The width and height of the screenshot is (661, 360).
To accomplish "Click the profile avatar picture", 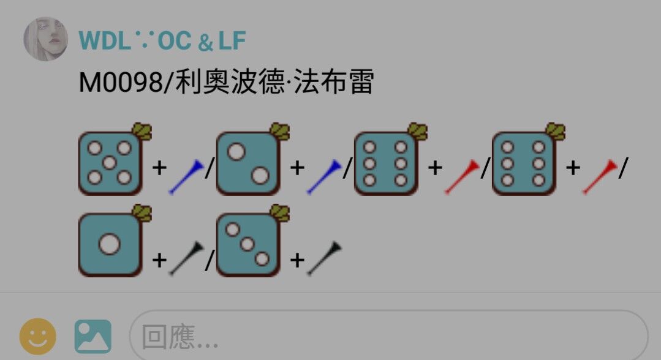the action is click(45, 39).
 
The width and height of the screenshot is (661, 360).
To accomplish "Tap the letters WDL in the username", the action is click(105, 41).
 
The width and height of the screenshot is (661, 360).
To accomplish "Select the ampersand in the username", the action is click(205, 43).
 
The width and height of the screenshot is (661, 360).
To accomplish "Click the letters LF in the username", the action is click(232, 41).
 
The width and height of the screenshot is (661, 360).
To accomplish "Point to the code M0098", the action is click(121, 82).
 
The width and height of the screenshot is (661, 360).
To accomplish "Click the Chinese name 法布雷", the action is click(333, 81).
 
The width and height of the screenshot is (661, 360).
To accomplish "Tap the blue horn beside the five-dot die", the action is click(186, 176).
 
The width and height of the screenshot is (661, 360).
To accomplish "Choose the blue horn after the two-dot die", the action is click(323, 176).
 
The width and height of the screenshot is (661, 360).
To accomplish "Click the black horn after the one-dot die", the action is click(186, 258).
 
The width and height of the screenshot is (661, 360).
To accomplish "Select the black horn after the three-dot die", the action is click(323, 258).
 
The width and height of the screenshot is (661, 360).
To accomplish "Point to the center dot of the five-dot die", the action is click(110, 162).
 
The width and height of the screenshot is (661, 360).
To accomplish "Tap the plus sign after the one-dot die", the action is click(159, 260).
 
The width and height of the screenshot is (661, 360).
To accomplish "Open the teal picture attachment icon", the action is click(93, 336).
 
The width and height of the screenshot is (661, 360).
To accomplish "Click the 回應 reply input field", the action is click(388, 336).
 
